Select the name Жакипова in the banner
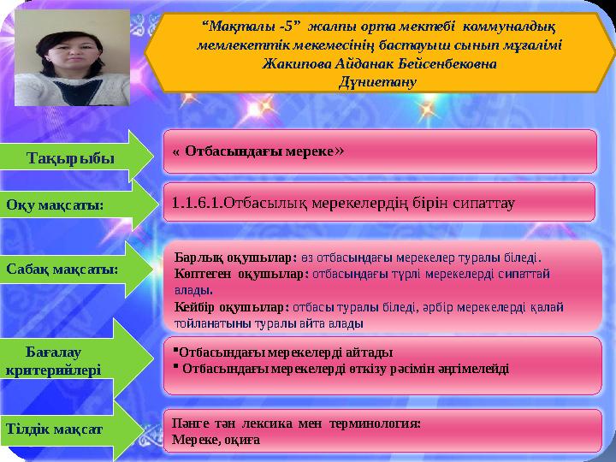click(x=297, y=64)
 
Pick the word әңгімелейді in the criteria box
click(x=475, y=369)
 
